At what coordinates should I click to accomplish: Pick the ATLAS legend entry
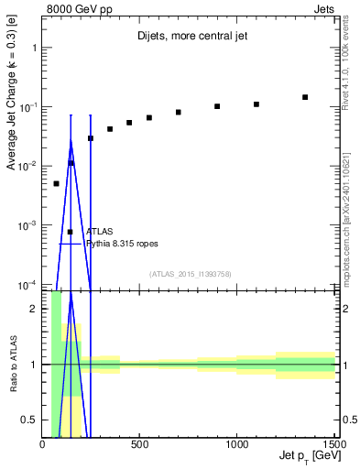[x=98, y=232]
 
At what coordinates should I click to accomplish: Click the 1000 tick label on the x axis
[x=236, y=446]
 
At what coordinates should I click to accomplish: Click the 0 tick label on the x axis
[x=43, y=446]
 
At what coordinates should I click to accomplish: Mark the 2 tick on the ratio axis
[x=35, y=309]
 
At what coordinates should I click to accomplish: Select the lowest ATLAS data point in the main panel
[x=56, y=183]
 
